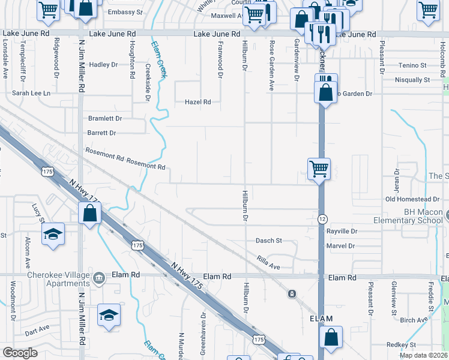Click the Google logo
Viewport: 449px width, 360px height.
tap(20, 353)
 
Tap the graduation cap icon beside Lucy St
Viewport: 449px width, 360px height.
tap(53, 234)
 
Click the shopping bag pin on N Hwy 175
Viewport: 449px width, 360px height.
tap(89, 212)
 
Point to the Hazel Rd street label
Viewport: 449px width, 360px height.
tap(197, 102)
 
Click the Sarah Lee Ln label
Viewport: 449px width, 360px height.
tap(31, 94)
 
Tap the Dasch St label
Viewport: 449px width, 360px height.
tap(269, 241)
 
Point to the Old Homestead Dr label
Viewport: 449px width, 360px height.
tap(412, 199)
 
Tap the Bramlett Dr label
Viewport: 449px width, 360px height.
tap(105, 119)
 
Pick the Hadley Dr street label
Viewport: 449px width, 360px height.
tap(104, 65)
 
